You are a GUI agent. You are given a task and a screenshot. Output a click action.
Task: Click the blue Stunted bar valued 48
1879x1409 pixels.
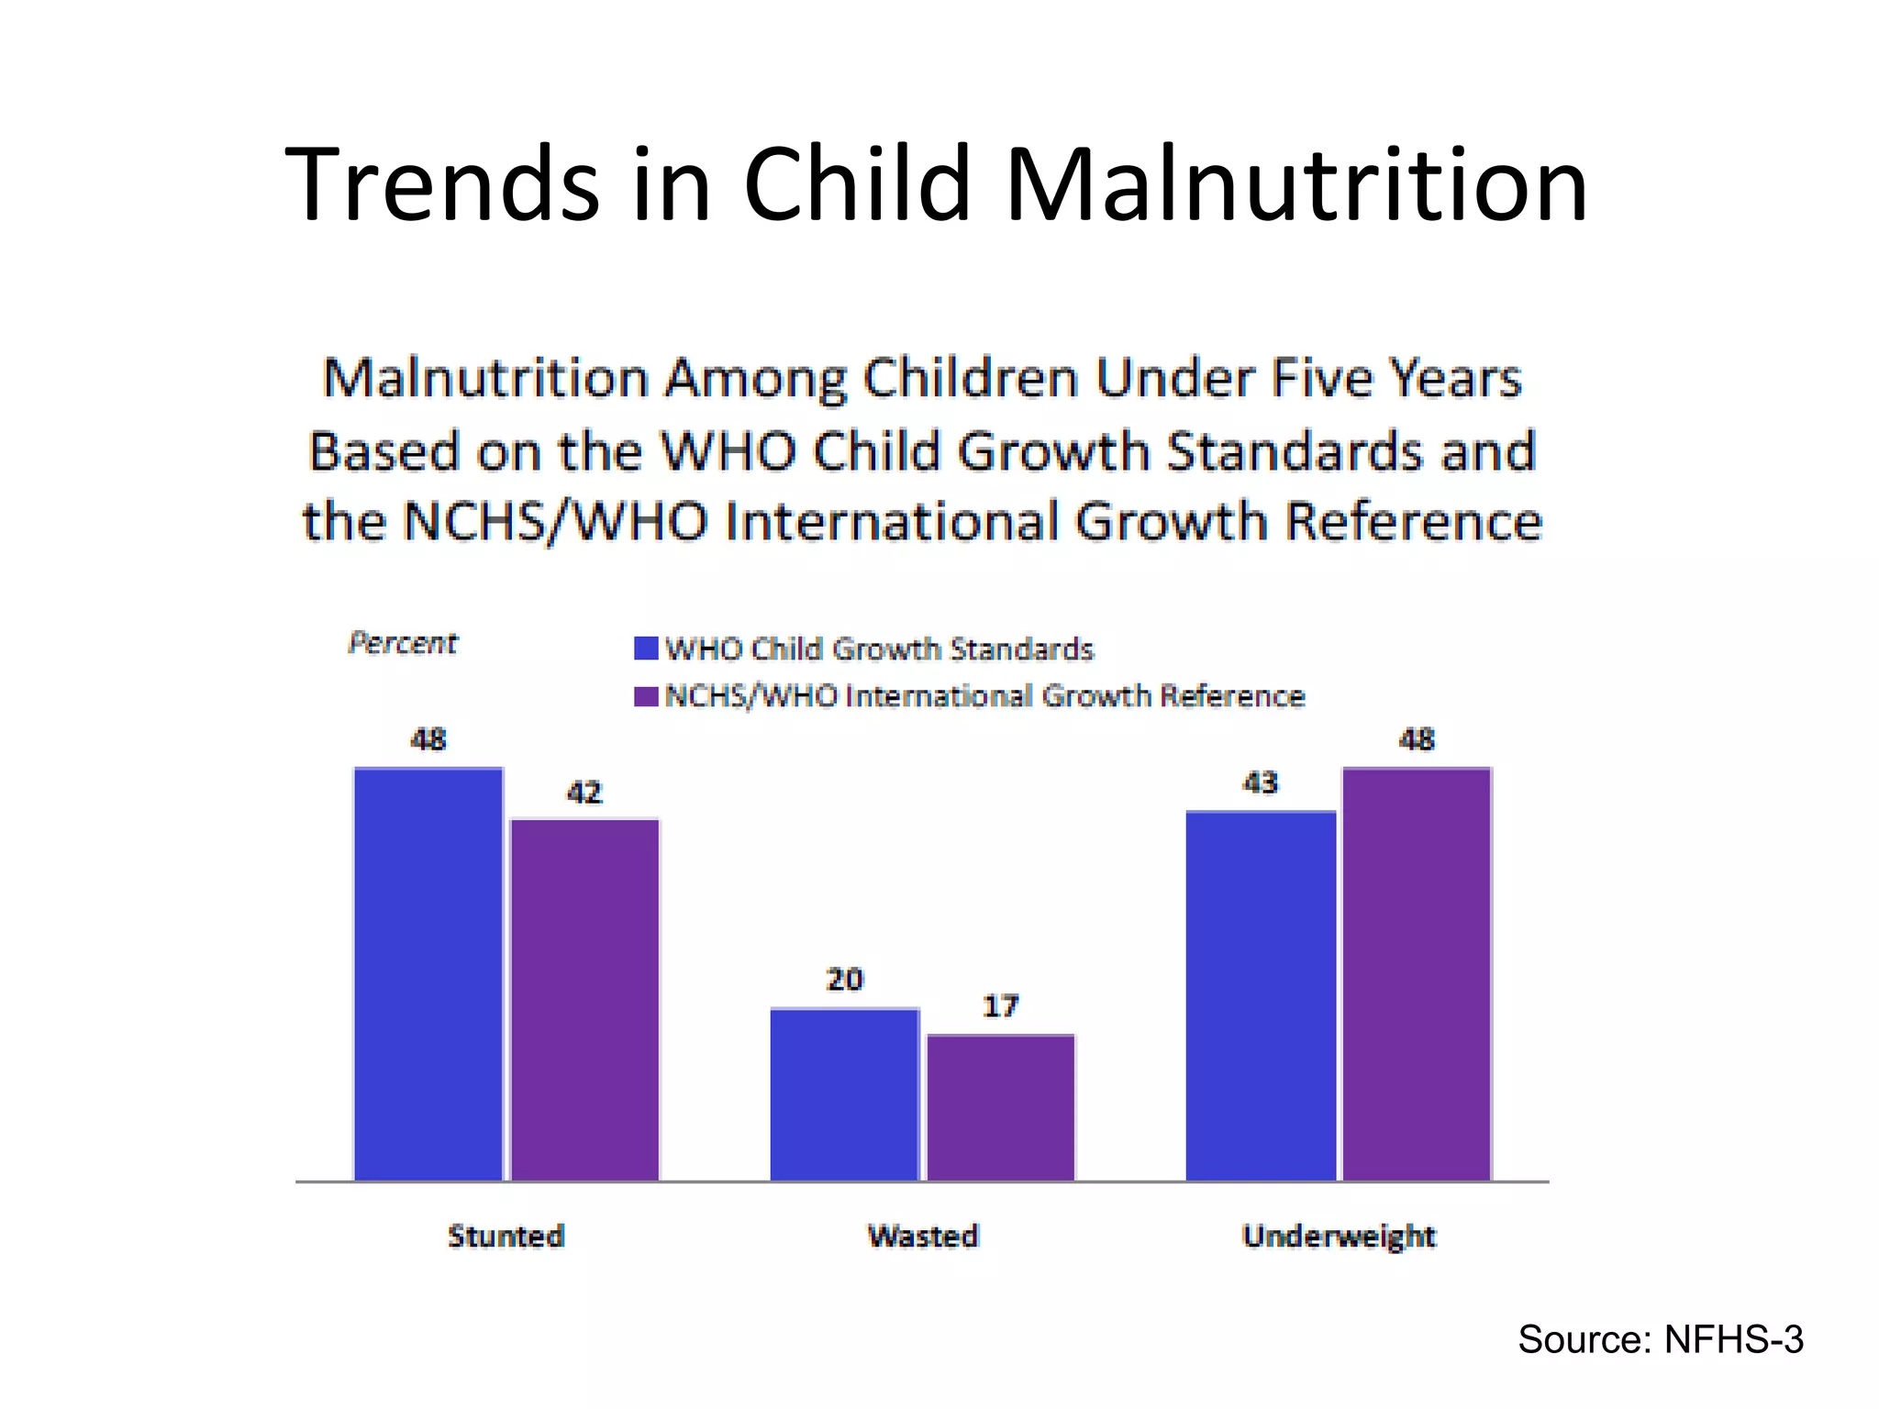click(428, 973)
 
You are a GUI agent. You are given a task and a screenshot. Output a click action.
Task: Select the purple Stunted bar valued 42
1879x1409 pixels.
click(584, 999)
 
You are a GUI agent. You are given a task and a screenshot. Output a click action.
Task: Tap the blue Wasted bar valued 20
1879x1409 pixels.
click(844, 1093)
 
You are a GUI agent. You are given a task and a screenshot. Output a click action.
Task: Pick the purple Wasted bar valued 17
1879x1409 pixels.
click(1000, 1107)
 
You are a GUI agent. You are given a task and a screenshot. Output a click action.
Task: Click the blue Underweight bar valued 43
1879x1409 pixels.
click(1261, 995)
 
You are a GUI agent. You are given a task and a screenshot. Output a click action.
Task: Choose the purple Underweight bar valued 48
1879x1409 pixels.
click(1417, 973)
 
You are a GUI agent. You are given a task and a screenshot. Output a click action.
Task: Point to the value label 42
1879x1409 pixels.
click(584, 793)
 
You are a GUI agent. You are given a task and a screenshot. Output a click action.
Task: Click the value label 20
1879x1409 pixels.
click(845, 980)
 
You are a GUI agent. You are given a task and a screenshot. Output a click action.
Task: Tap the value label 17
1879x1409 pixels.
click(1001, 1006)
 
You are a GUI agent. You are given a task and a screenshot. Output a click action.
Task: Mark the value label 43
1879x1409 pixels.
click(1261, 783)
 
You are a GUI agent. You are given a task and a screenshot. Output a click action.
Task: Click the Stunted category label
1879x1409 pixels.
click(506, 1236)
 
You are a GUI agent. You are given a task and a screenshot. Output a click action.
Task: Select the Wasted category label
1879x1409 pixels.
click(923, 1236)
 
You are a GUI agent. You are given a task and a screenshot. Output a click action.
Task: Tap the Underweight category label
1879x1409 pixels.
click(1339, 1237)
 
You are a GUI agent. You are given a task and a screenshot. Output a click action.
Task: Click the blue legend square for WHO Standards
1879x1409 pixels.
click(646, 649)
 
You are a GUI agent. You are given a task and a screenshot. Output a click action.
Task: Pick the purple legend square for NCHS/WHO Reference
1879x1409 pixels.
click(646, 696)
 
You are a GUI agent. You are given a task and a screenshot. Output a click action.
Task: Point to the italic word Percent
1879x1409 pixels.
click(402, 643)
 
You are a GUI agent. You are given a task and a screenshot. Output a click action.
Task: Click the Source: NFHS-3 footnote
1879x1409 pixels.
click(1661, 1339)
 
